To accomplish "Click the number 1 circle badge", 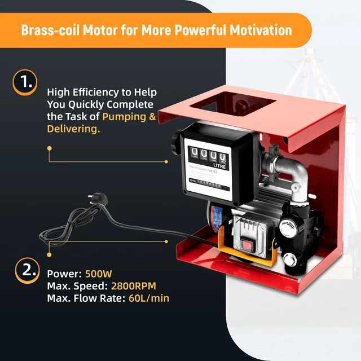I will click(x=24, y=82).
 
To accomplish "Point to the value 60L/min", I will click(x=147, y=298).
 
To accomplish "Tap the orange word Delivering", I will click(x=73, y=129).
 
